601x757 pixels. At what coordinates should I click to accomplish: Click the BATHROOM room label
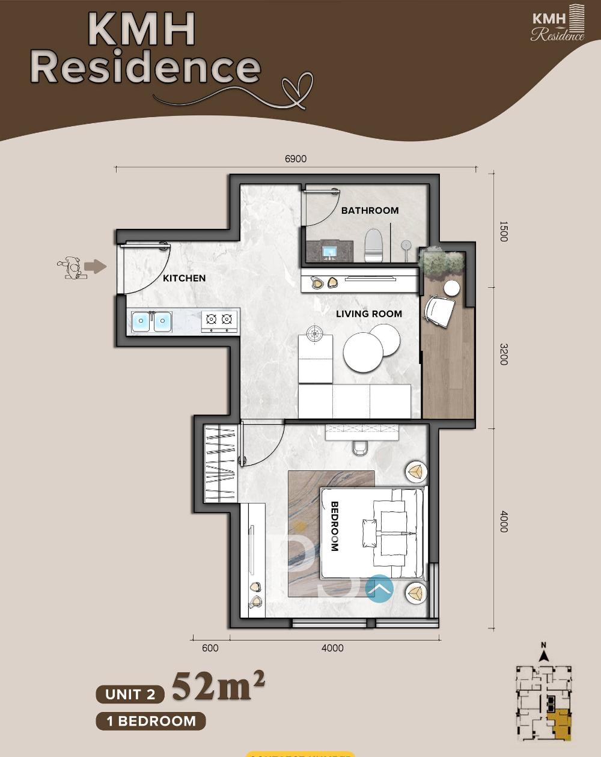pyautogui.click(x=370, y=210)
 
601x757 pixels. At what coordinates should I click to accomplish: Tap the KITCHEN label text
pyautogui.click(x=185, y=278)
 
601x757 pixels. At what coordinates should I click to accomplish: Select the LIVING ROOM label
pyautogui.click(x=369, y=314)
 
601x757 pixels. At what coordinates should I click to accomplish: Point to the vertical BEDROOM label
pyautogui.click(x=335, y=526)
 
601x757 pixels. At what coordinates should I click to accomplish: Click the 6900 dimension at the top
pyautogui.click(x=296, y=159)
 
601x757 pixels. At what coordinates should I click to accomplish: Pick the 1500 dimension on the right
pyautogui.click(x=504, y=231)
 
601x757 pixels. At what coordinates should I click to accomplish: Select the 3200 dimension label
pyautogui.click(x=504, y=354)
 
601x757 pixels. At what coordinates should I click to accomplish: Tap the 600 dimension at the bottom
pyautogui.click(x=210, y=648)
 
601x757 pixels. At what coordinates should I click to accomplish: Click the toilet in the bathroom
pyautogui.click(x=374, y=245)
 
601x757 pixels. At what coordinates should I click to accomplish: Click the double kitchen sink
pyautogui.click(x=151, y=321)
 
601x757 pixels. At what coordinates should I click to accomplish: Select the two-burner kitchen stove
pyautogui.click(x=218, y=321)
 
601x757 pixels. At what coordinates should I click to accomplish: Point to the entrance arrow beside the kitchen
pyautogui.click(x=94, y=267)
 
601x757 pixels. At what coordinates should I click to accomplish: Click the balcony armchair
pyautogui.click(x=440, y=311)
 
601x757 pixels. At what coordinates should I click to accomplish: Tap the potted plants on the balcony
pyautogui.click(x=442, y=262)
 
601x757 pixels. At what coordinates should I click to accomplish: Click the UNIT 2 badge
pyautogui.click(x=130, y=695)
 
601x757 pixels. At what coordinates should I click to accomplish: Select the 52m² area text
pyautogui.click(x=219, y=686)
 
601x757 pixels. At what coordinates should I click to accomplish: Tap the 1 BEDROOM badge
pyautogui.click(x=151, y=721)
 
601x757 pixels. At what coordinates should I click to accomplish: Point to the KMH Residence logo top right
pyautogui.click(x=558, y=24)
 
